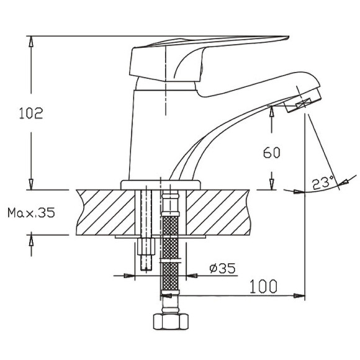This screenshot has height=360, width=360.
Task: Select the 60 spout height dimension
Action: point(272,153)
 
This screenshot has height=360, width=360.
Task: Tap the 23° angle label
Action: point(320,184)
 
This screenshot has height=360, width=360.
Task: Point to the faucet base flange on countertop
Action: point(161,184)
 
